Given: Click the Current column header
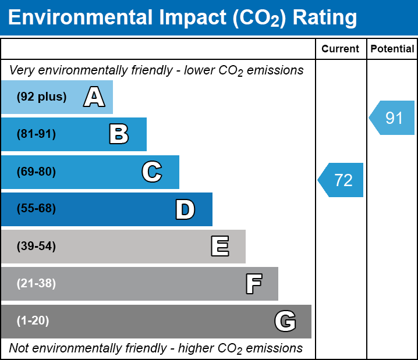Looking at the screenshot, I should (341, 49).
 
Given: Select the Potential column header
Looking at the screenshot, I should (392, 49).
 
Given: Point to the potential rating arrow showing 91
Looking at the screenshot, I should (392, 118).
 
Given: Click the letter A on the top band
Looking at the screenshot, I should (94, 97).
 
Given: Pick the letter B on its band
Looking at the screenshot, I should (119, 134).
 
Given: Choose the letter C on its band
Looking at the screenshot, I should (152, 172).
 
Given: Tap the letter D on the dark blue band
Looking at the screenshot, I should (185, 209).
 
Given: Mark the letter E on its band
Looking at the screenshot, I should (219, 247).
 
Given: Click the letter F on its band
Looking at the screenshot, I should (253, 284).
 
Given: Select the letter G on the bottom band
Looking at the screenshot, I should (285, 321).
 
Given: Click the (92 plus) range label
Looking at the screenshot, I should (41, 97).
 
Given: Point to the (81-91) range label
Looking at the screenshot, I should (36, 134).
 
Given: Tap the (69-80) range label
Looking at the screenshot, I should (36, 172).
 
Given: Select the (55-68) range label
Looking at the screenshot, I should (36, 209).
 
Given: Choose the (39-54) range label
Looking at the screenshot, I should (36, 247).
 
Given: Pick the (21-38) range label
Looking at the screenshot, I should (36, 284).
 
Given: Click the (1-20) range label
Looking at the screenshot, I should (33, 321).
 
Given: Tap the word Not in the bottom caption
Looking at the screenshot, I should (19, 348).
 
